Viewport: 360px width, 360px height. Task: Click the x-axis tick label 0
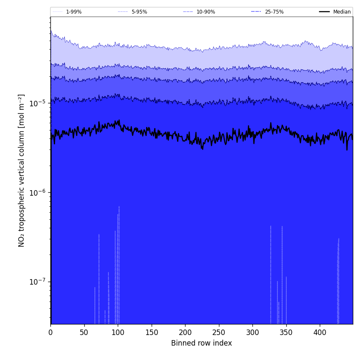(51, 333)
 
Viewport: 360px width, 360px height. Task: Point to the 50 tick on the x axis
(84, 333)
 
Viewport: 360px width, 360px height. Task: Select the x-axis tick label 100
(118, 333)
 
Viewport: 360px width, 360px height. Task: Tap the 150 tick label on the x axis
(152, 333)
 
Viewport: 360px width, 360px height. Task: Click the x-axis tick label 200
(185, 333)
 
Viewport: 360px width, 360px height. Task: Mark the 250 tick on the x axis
(219, 333)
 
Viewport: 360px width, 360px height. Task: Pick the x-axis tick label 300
(252, 333)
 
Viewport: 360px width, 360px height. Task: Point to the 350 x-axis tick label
(286, 333)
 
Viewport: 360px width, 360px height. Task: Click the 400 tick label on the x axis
(320, 333)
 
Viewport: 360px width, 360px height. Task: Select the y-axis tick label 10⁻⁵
(39, 103)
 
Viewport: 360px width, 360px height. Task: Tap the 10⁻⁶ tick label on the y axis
(39, 193)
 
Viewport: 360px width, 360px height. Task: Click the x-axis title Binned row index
(202, 343)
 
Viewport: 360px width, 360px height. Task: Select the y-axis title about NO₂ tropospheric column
(22, 170)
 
